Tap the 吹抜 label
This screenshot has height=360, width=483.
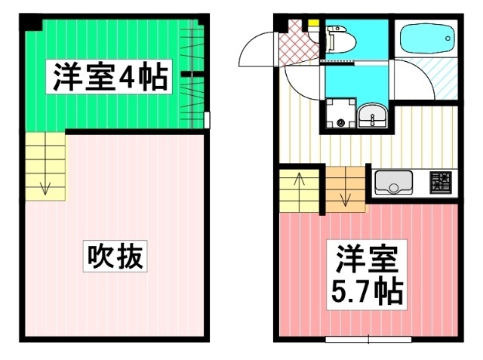pos(113,257)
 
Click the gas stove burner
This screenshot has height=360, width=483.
pos(440,182)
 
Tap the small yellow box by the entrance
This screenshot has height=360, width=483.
pos(312,23)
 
